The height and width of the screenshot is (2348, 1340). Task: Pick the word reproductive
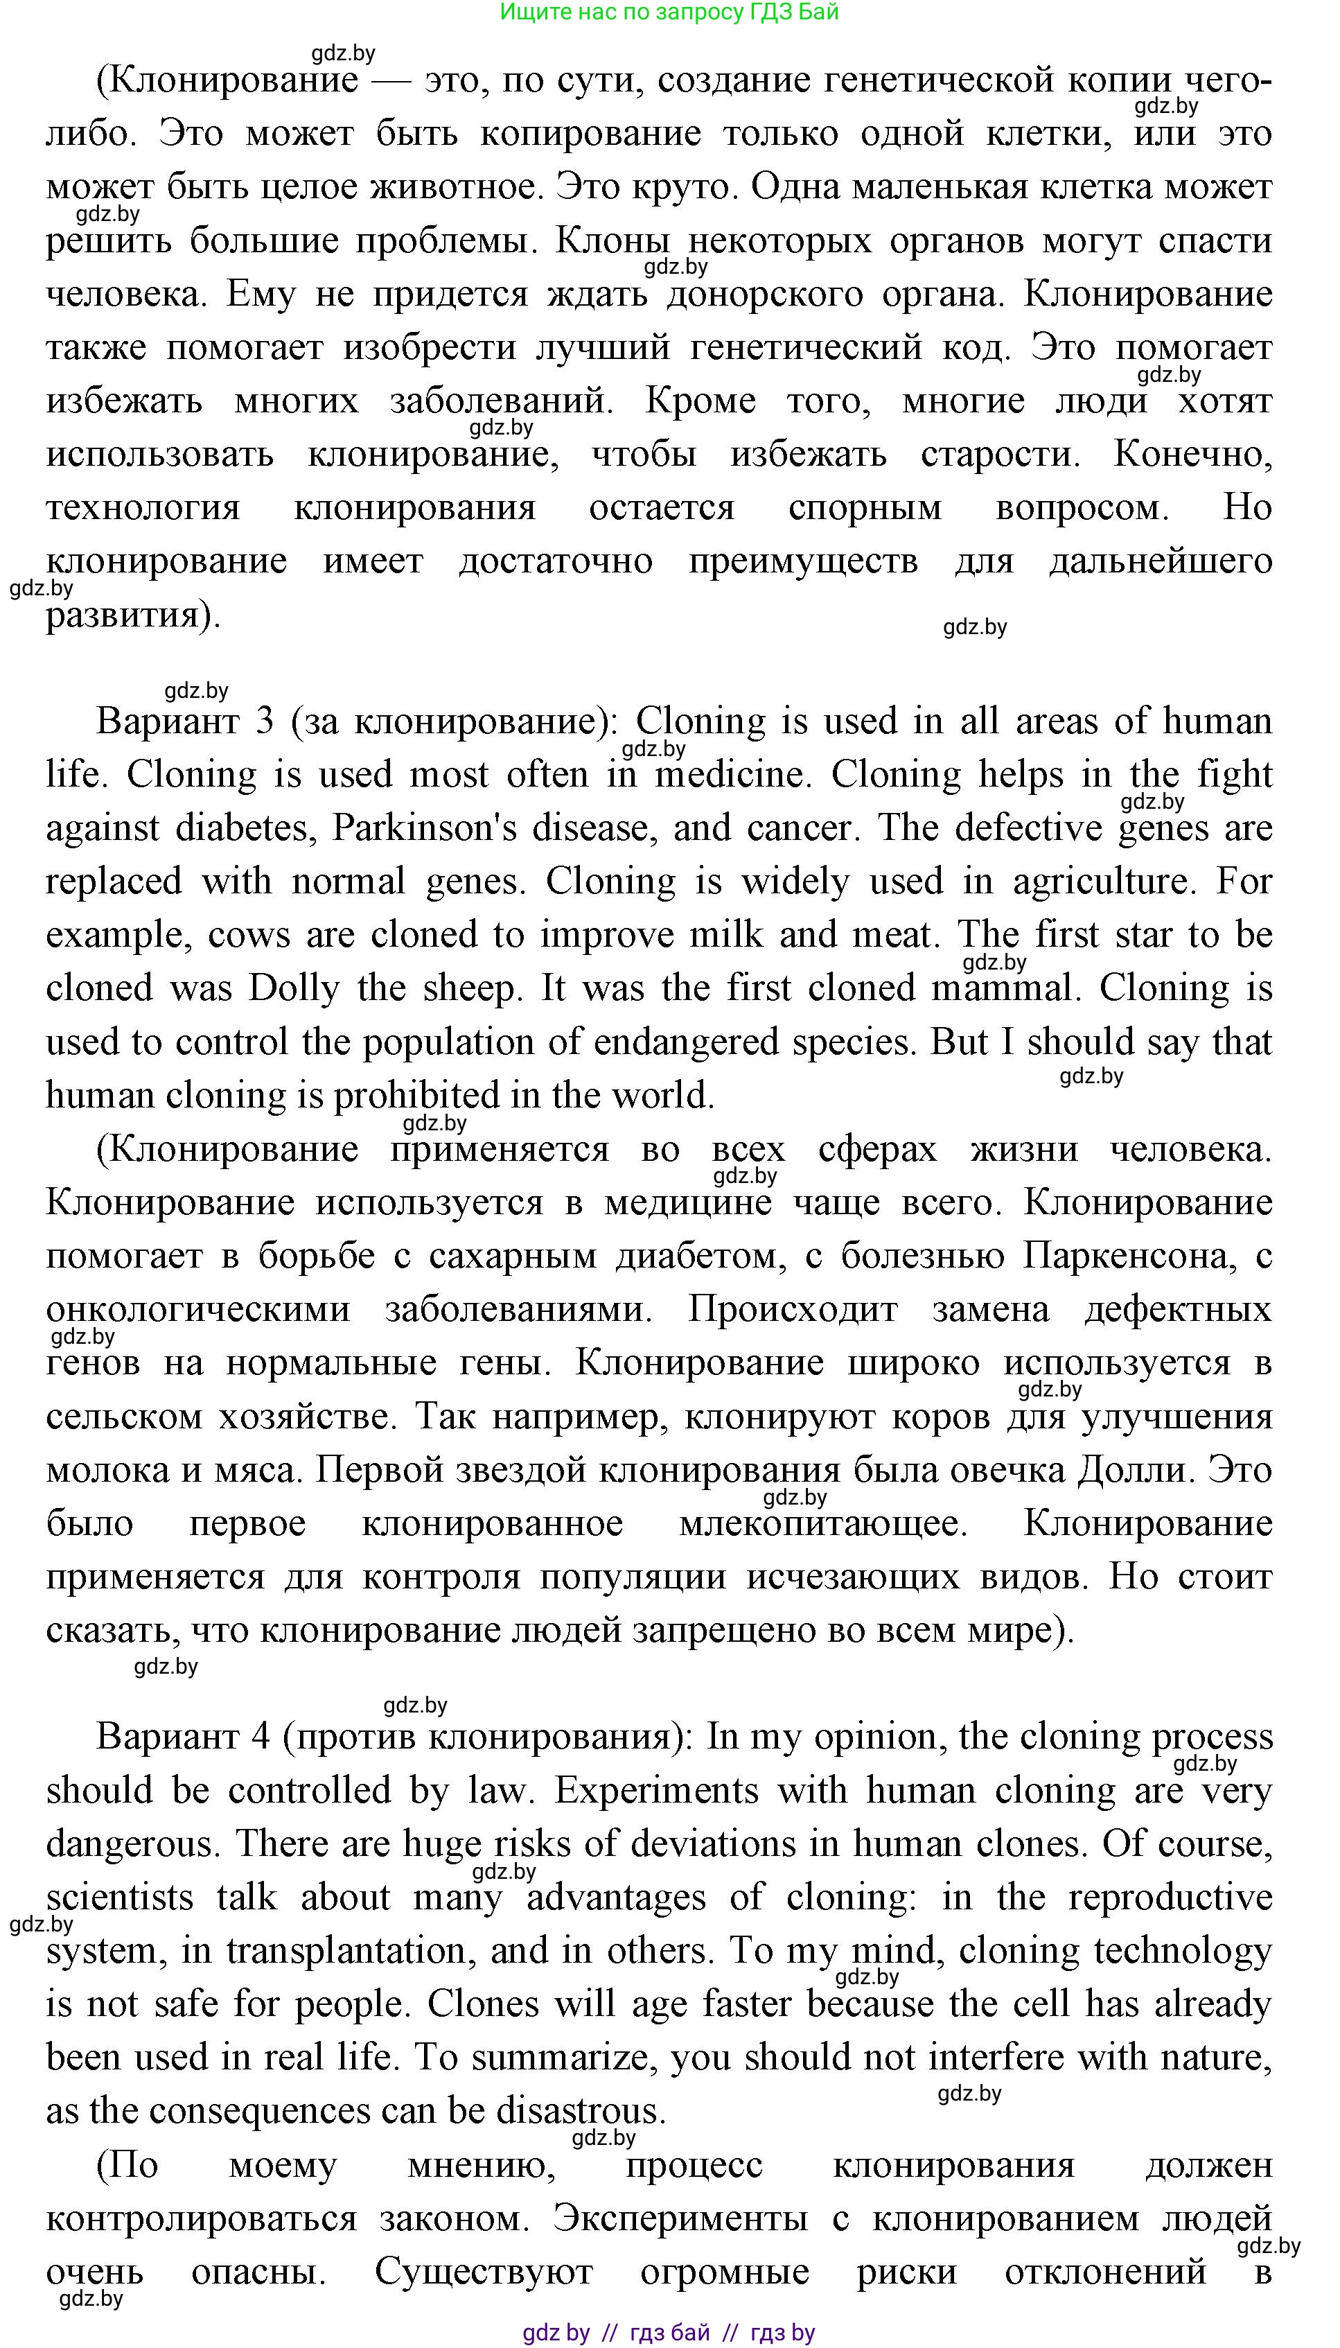click(x=1170, y=1897)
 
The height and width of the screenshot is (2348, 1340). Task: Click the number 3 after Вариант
click(x=264, y=721)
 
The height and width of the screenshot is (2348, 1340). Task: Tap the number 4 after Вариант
click(x=261, y=1737)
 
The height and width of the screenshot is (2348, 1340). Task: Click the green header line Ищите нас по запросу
click(x=669, y=12)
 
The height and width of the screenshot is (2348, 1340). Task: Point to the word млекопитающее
click(x=824, y=1523)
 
